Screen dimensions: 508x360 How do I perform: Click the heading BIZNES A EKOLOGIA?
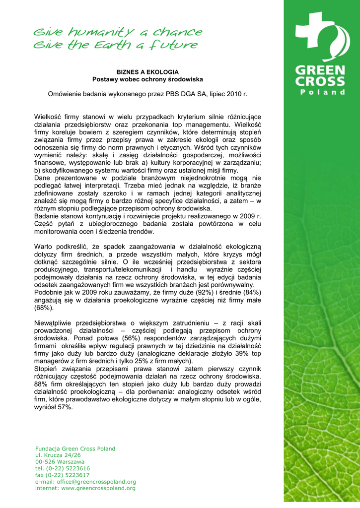coord(147,72)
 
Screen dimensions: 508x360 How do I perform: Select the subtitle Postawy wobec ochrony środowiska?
coord(147,79)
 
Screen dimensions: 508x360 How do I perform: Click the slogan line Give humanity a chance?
coord(118,33)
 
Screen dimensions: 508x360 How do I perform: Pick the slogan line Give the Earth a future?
coord(115,46)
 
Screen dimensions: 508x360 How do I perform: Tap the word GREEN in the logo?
coord(321,70)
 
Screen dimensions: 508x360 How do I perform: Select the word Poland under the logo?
coord(322,92)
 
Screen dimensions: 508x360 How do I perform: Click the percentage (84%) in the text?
coord(249,292)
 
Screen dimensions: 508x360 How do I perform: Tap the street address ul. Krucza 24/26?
coord(58,455)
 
